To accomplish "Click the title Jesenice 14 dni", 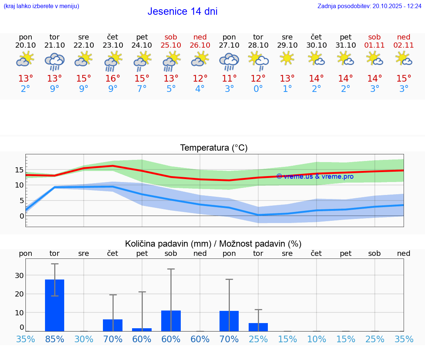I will [182, 11].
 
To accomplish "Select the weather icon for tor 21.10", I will [55, 61].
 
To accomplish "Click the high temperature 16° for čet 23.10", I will [113, 78].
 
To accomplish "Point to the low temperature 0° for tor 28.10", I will [258, 89].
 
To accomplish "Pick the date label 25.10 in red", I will [171, 45].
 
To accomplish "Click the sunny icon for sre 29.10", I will [287, 58].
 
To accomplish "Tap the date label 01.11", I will [374, 45].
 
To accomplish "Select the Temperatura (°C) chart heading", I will [214, 148].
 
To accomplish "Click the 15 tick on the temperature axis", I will [20, 170].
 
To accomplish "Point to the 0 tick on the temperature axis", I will [22, 216].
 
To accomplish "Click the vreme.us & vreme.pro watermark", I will [315, 176].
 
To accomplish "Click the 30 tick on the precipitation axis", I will [20, 275].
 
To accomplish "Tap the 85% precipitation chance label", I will [55, 339].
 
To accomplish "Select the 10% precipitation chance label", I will [317, 339].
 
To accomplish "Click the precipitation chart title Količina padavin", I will [213, 244].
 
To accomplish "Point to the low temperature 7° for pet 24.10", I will [142, 89].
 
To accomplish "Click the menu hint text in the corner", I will [41, 6].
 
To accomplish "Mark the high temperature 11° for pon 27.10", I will [229, 78].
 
